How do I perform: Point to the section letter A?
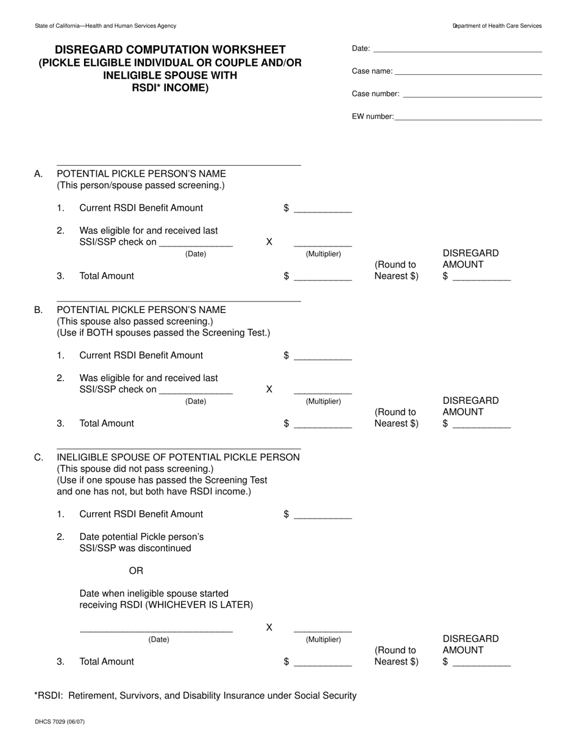click(38, 174)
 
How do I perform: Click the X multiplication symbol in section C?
click(269, 627)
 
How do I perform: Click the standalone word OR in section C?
click(136, 571)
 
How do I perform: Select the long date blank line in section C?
click(156, 630)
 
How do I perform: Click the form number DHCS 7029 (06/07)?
click(60, 722)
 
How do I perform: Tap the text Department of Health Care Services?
click(497, 26)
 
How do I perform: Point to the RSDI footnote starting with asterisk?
click(195, 695)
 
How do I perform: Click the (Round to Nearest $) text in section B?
click(396, 418)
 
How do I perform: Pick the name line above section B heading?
click(179, 301)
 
